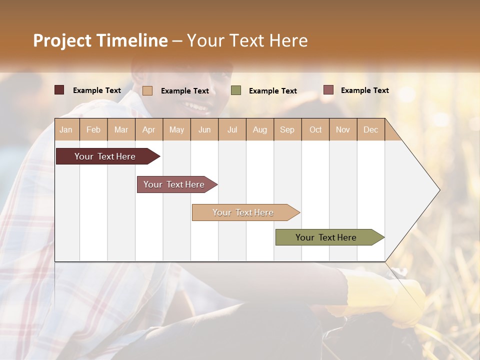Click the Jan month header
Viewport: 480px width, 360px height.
pos(66,129)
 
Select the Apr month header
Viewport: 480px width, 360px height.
pos(149,129)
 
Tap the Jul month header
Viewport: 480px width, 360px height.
pos(232,129)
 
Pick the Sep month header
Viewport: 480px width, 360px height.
pos(287,129)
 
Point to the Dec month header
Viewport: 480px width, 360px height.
pos(370,129)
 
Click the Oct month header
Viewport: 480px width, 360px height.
pos(315,129)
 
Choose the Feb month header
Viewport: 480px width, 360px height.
pos(93,129)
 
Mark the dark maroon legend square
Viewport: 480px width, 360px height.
pos(59,90)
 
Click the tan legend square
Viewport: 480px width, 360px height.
pos(147,90)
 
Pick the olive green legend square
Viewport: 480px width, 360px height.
pos(236,90)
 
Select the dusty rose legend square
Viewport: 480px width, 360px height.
pos(328,90)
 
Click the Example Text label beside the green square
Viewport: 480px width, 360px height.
pos(272,90)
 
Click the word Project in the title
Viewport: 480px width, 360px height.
pos(62,40)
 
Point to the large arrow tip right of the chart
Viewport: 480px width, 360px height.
pos(425,190)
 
